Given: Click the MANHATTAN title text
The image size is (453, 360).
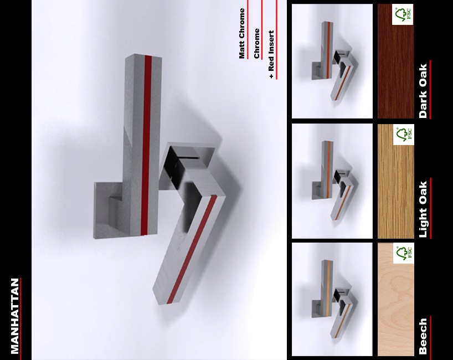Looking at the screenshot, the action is [x=15, y=316].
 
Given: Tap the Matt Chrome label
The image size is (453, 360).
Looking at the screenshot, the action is [x=241, y=34].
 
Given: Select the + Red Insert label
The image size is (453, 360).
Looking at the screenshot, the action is [x=271, y=54].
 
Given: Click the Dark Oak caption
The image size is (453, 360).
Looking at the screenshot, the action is [x=423, y=91].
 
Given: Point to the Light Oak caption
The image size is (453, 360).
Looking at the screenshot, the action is [x=423, y=209].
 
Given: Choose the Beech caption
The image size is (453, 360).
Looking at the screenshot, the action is [x=423, y=336].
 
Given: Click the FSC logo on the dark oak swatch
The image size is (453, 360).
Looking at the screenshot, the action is [x=403, y=14].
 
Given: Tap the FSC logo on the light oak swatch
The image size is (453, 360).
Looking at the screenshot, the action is [x=403, y=135].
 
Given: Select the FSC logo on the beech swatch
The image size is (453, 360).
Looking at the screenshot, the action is [x=403, y=253].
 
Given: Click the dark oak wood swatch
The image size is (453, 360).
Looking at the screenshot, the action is [x=395, y=61].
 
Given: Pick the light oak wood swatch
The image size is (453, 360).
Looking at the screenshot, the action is [x=395, y=181].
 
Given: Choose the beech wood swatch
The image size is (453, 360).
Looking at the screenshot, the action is [x=395, y=299].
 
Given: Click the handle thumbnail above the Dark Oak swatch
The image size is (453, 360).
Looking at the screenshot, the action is [x=332, y=61].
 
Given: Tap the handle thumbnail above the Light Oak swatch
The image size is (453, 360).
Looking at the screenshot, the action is [x=332, y=181].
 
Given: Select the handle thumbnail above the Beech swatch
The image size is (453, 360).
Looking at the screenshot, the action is [x=332, y=299].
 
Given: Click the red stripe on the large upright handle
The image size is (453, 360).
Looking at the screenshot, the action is [x=146, y=145].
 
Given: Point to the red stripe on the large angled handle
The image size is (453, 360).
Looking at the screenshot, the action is [x=192, y=249].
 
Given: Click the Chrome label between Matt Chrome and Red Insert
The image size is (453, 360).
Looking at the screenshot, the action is [x=256, y=43].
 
